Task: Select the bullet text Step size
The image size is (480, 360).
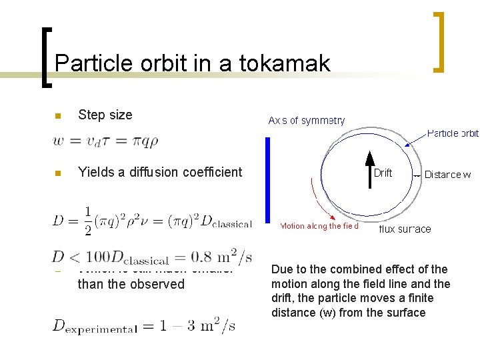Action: [105, 115]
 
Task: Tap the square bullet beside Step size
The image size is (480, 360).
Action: [58, 116]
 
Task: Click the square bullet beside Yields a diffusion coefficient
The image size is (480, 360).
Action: [58, 173]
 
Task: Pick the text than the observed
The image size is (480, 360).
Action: [131, 284]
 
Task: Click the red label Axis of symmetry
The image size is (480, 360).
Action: [307, 121]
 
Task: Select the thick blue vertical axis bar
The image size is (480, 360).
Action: [267, 180]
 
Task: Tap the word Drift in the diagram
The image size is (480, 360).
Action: [383, 173]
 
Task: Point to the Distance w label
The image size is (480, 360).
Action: [447, 175]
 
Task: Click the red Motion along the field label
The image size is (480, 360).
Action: [319, 226]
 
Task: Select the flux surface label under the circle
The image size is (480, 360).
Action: [405, 229]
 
